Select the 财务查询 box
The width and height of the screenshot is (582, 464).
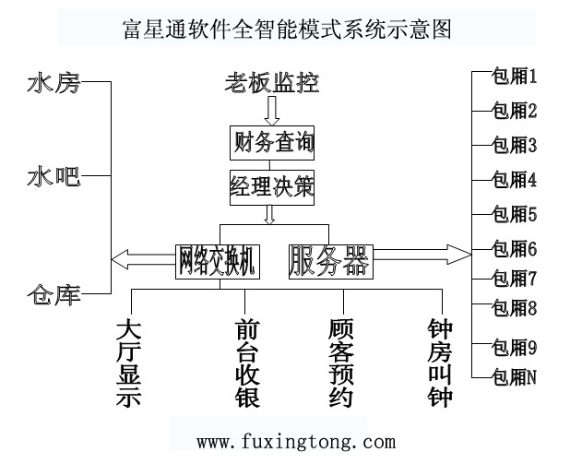coord(272,144)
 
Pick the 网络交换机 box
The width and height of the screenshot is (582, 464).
coord(218,261)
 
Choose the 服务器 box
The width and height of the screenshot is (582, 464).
coord(329,261)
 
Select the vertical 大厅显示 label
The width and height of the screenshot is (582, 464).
coord(130,363)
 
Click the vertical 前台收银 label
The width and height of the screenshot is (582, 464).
coord(248,363)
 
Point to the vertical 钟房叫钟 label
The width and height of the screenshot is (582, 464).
coord(441,363)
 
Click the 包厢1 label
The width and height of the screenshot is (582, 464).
coord(515,77)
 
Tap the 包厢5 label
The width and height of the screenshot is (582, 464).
coord(515,215)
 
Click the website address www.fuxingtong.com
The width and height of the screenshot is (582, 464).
coord(283,442)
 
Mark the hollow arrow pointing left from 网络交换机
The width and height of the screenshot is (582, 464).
coord(143,256)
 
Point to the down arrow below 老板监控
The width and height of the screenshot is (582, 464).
coord(271,111)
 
